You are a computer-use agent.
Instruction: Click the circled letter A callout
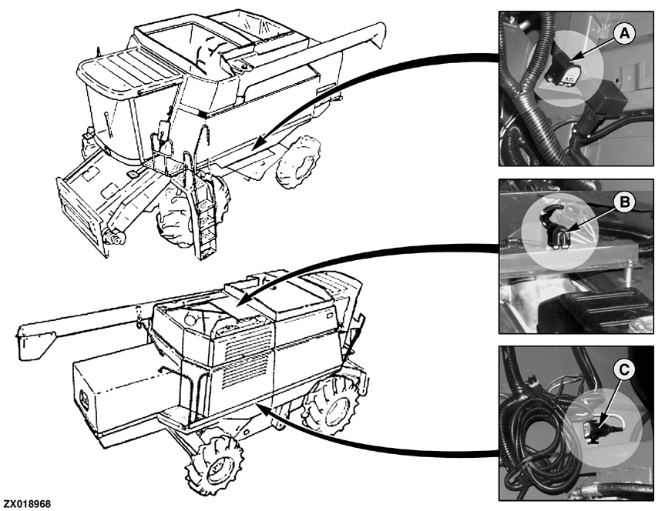(x=624, y=33)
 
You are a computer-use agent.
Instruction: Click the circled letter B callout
(x=624, y=202)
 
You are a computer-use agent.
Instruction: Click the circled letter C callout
(x=624, y=370)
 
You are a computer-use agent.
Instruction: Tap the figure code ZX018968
(x=27, y=504)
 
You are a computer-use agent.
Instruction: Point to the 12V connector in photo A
(x=562, y=73)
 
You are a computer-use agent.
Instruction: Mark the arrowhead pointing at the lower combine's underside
(x=263, y=410)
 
